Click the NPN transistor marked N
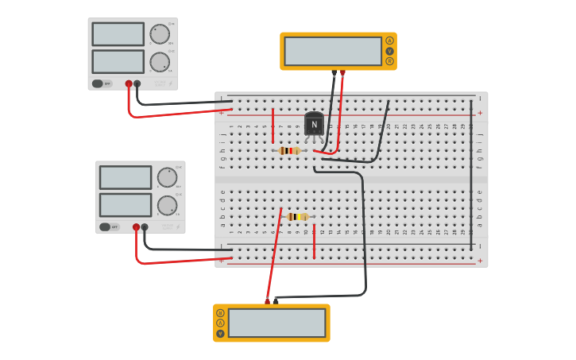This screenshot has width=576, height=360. [x=314, y=125]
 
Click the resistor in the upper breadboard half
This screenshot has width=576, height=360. [x=290, y=150]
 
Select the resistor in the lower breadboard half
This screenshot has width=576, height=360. [x=297, y=216]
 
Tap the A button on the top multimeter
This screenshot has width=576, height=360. [x=389, y=41]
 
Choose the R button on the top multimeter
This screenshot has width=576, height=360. [x=389, y=61]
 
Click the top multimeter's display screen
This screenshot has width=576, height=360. [x=333, y=51]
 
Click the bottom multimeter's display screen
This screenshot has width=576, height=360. [x=276, y=323]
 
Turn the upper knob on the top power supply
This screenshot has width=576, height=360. [x=160, y=34]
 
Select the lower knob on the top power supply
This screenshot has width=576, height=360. [x=160, y=62]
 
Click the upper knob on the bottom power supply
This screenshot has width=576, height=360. [x=167, y=177]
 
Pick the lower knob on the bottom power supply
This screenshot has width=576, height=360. [x=167, y=205]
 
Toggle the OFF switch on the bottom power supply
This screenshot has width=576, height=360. [x=105, y=226]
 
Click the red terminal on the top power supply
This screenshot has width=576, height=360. [x=129, y=83]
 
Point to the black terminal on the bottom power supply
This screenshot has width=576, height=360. [x=145, y=226]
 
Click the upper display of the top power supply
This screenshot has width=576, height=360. [x=118, y=34]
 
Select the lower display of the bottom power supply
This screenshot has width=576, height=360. [x=126, y=205]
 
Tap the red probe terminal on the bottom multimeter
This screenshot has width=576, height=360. [x=267, y=301]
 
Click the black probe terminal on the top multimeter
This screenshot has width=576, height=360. [x=334, y=72]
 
